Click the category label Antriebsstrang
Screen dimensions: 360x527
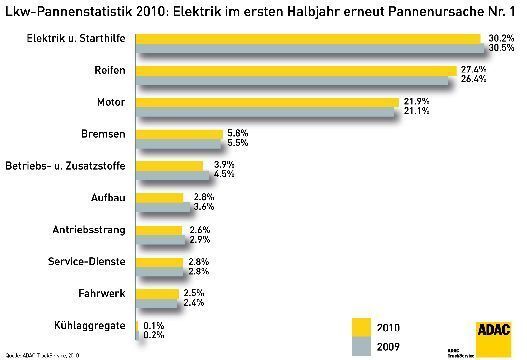[x=88, y=230]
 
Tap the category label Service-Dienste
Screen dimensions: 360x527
[x=86, y=262]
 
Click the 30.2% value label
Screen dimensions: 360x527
[x=501, y=38]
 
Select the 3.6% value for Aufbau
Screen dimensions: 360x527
[x=204, y=208]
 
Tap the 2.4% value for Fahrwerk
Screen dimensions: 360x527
[x=194, y=303]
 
